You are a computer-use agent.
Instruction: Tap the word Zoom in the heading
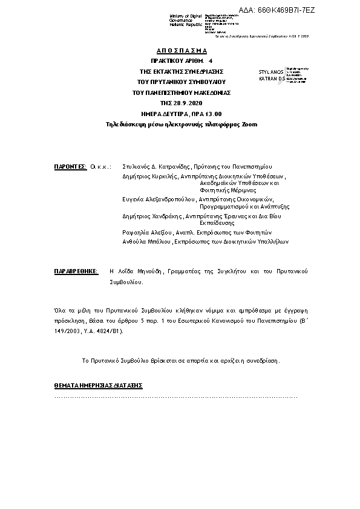(249, 125)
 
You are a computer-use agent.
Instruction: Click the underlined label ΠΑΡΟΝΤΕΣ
(71, 166)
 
